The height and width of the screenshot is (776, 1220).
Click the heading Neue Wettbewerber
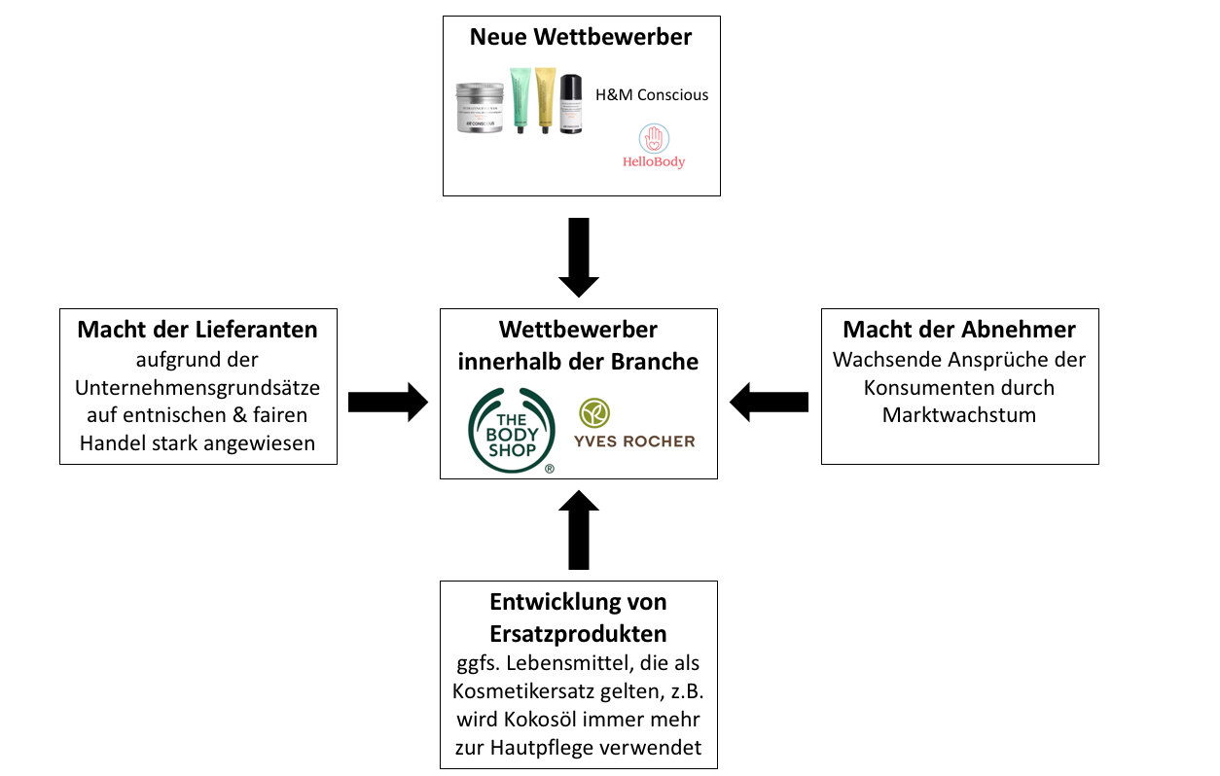click(581, 37)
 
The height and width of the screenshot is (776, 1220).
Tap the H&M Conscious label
click(652, 94)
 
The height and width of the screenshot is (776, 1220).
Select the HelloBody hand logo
click(654, 139)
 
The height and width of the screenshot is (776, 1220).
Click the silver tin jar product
click(480, 107)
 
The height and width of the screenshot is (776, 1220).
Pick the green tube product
click(520, 100)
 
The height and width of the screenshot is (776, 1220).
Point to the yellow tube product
click(545, 100)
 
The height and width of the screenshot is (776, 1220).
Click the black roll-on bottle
click(571, 103)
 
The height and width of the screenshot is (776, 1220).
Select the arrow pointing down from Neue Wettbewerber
click(579, 258)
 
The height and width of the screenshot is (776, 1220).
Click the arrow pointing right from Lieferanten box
click(388, 403)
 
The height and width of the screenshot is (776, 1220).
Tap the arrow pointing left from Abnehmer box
click(769, 403)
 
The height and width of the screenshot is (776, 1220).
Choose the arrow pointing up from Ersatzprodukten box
click(579, 530)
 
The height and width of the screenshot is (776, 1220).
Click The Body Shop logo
click(512, 430)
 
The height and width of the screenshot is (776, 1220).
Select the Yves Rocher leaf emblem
click(594, 412)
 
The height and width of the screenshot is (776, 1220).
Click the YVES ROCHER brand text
click(634, 441)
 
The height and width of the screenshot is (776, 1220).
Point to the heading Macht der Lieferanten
click(197, 330)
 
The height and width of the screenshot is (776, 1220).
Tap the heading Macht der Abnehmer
click(959, 330)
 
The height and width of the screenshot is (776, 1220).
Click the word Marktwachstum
click(959, 415)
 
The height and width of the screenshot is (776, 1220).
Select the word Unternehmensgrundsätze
click(197, 388)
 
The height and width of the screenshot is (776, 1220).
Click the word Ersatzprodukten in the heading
click(578, 634)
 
